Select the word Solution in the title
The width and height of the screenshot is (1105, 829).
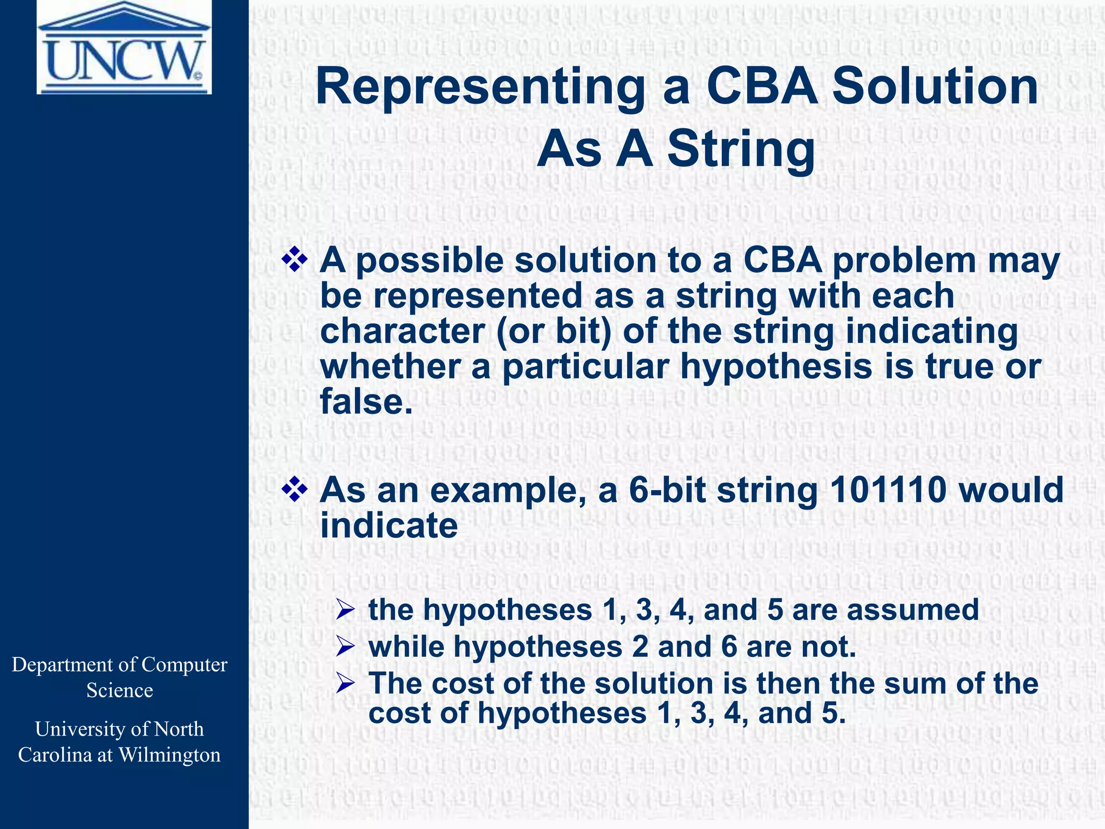tap(935, 87)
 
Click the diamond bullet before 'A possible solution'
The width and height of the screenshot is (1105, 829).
tap(295, 260)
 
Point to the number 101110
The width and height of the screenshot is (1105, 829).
tap(888, 490)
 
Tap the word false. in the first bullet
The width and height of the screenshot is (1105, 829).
tap(367, 402)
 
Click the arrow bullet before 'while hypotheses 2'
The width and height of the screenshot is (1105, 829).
tap(344, 647)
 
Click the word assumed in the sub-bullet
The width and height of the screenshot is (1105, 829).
tap(912, 610)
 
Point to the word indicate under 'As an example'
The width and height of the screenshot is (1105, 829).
tap(388, 526)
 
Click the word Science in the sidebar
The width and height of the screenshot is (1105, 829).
tap(120, 690)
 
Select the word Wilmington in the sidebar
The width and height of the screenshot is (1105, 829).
tap(169, 755)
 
